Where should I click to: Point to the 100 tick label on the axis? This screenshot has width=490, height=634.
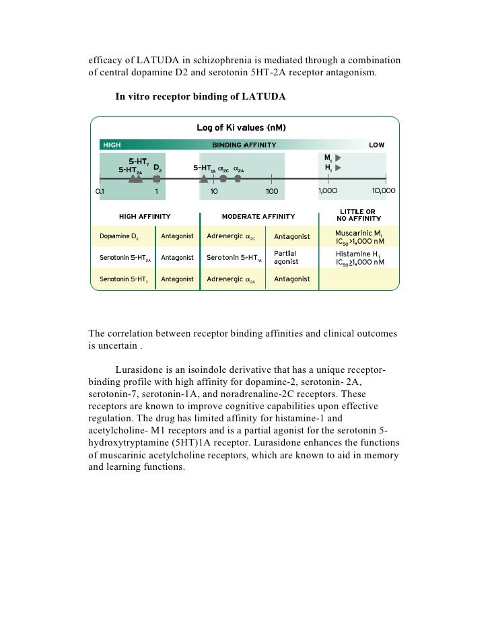point(271,191)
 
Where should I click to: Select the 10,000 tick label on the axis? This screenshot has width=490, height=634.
point(384,191)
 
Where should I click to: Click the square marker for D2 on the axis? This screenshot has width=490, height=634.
point(157,179)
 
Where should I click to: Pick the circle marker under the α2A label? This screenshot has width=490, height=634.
point(238,179)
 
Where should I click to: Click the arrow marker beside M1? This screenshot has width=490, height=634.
point(339,157)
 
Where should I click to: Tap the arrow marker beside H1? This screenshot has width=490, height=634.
point(339,167)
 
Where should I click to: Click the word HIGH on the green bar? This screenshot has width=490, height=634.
point(112,145)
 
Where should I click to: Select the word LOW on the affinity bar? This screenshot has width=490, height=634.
point(376,145)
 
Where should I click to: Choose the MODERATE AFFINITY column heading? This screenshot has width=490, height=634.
point(258,217)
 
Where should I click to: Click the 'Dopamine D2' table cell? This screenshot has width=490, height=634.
point(119,237)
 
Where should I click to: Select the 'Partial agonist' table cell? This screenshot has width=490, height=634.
point(286,257)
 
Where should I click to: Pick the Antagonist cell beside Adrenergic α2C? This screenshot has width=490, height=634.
point(292,237)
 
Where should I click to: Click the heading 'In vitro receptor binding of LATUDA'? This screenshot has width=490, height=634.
point(201,97)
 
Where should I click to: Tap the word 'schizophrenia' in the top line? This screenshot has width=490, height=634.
point(222,59)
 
